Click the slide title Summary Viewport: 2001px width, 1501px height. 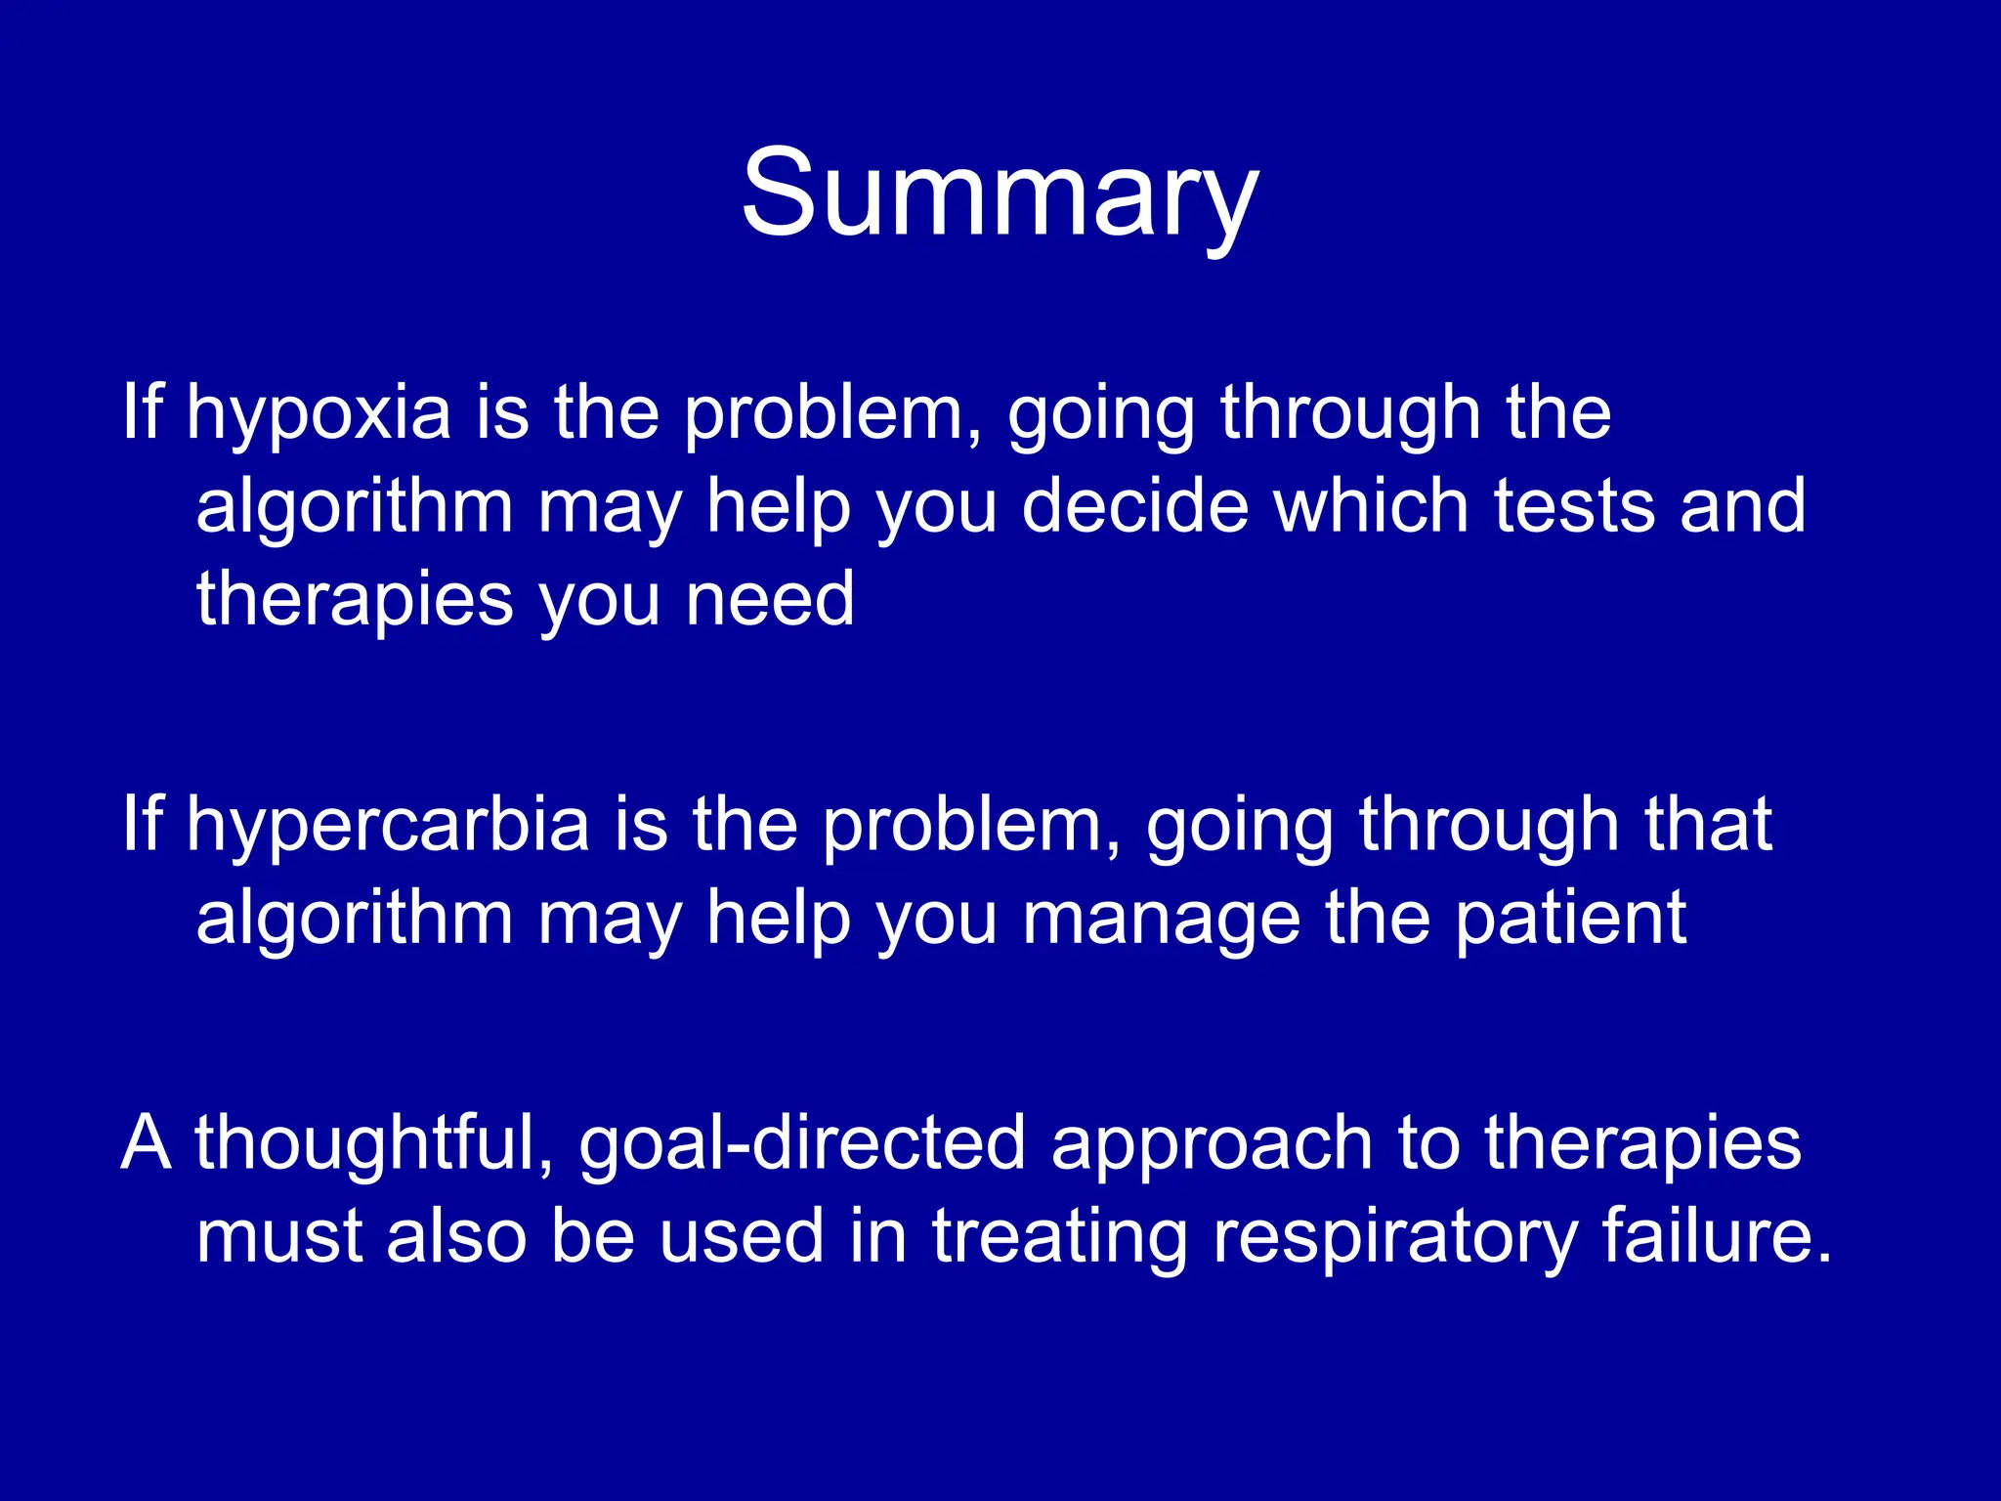[x=999, y=193]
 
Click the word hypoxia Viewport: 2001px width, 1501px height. [x=319, y=413]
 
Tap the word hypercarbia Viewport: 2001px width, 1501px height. [x=388, y=826]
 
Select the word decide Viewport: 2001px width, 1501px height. [x=1135, y=506]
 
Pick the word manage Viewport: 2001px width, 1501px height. [x=1161, y=919]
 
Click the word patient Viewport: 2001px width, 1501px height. [x=1571, y=919]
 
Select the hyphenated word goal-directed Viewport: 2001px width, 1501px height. [x=801, y=1143]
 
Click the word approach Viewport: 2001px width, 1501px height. [x=1212, y=1143]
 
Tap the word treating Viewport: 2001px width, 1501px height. [x=1059, y=1237]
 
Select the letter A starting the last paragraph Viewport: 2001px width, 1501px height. [x=147, y=1143]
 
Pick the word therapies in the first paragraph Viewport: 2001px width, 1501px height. [x=354, y=599]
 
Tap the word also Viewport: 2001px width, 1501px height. [x=456, y=1237]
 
